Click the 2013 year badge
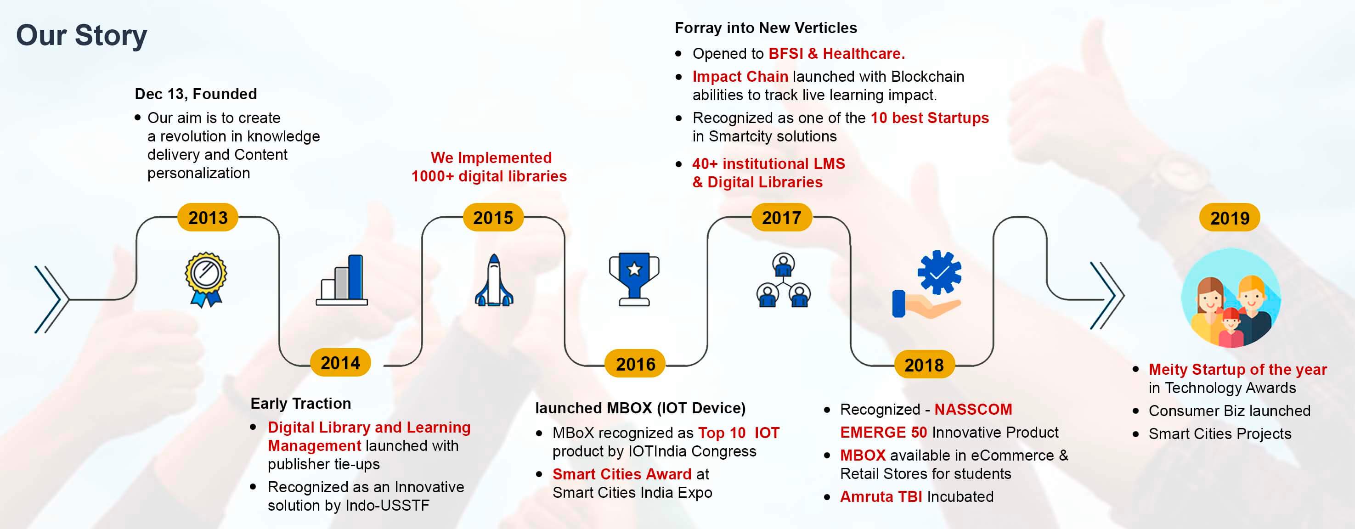tap(208, 217)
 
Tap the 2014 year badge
tap(340, 363)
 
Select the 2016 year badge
tap(635, 364)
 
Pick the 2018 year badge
tap(924, 365)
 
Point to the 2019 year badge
tap(1229, 218)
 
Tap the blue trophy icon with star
tap(634, 279)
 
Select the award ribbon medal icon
tap(206, 279)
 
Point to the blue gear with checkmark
tap(939, 272)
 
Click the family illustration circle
tap(1231, 298)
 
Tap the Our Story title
tap(82, 35)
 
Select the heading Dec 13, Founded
tap(196, 94)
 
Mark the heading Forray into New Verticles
tap(765, 28)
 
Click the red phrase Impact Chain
tap(740, 77)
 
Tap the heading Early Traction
tap(300, 403)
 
